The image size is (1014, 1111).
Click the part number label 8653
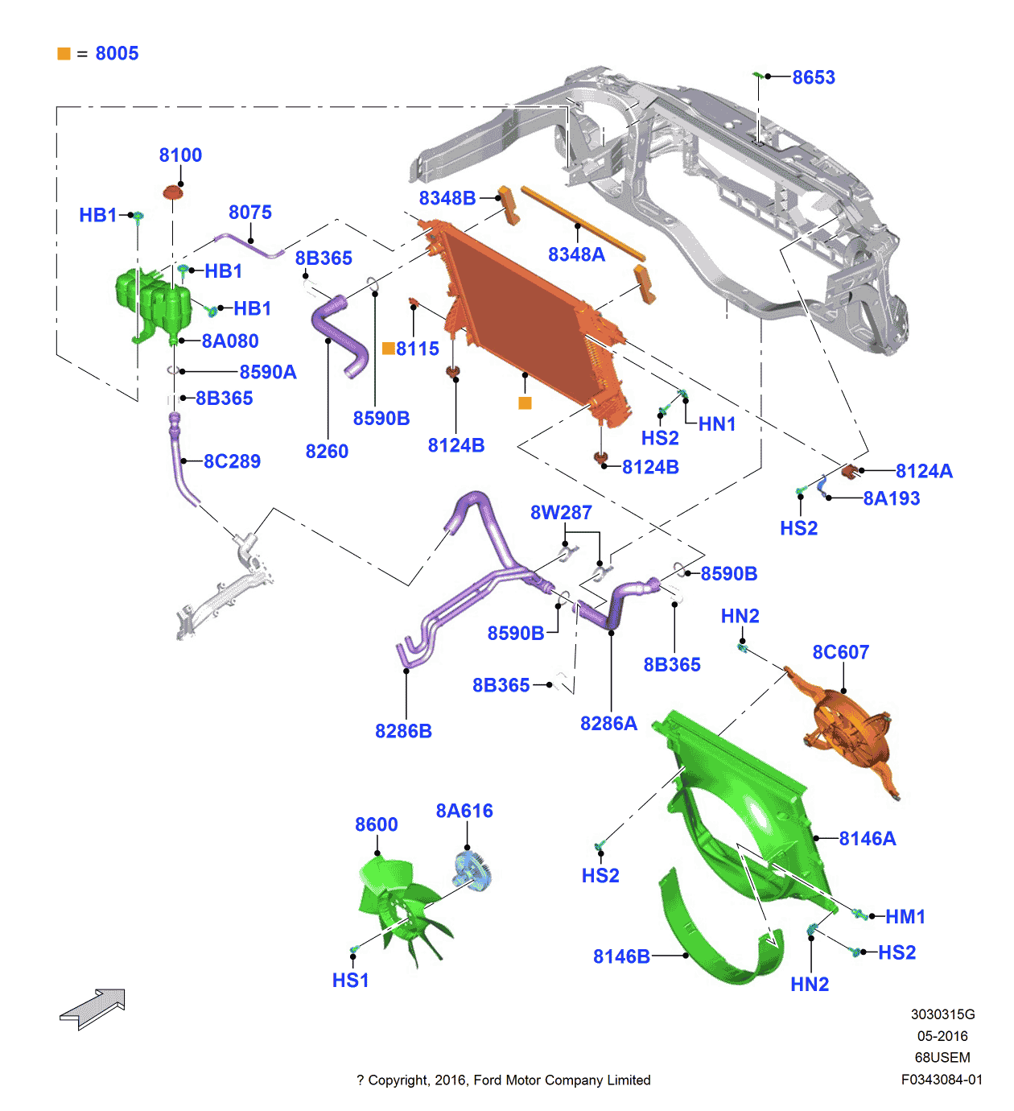coord(814,77)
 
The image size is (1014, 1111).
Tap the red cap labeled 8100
coord(173,192)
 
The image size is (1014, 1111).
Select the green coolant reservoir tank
coord(154,303)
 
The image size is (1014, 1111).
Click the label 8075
coord(250,213)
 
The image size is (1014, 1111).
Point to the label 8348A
coord(576,254)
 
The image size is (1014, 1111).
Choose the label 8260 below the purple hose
coord(327,452)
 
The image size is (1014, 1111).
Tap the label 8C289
coord(232,461)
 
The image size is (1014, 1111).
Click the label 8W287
coord(561,513)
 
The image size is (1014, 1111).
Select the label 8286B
coord(403,731)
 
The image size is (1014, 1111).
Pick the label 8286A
coord(608,724)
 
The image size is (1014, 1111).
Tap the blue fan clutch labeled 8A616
coord(472,871)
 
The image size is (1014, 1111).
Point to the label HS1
coord(350,981)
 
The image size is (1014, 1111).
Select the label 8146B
coord(621,956)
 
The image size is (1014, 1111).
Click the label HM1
coord(905,917)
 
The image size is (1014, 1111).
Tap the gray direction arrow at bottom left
coord(93,1008)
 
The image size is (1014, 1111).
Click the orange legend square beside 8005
coord(64,54)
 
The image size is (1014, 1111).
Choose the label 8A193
coord(892,499)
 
